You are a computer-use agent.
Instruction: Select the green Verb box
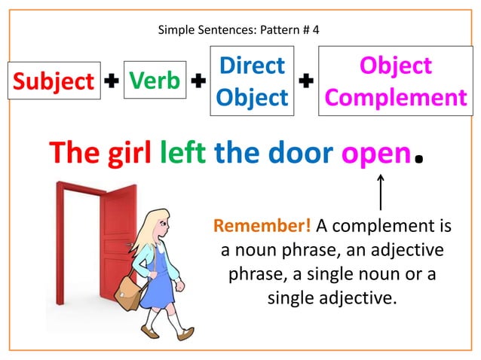[x=153, y=80]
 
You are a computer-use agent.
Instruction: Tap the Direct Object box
[x=253, y=81]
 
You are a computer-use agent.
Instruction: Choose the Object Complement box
[x=396, y=81]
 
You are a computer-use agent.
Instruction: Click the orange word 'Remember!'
[x=262, y=226]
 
